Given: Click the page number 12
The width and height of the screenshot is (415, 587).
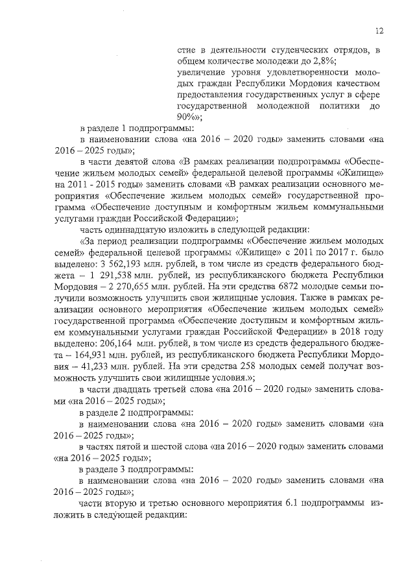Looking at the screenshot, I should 379,30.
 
